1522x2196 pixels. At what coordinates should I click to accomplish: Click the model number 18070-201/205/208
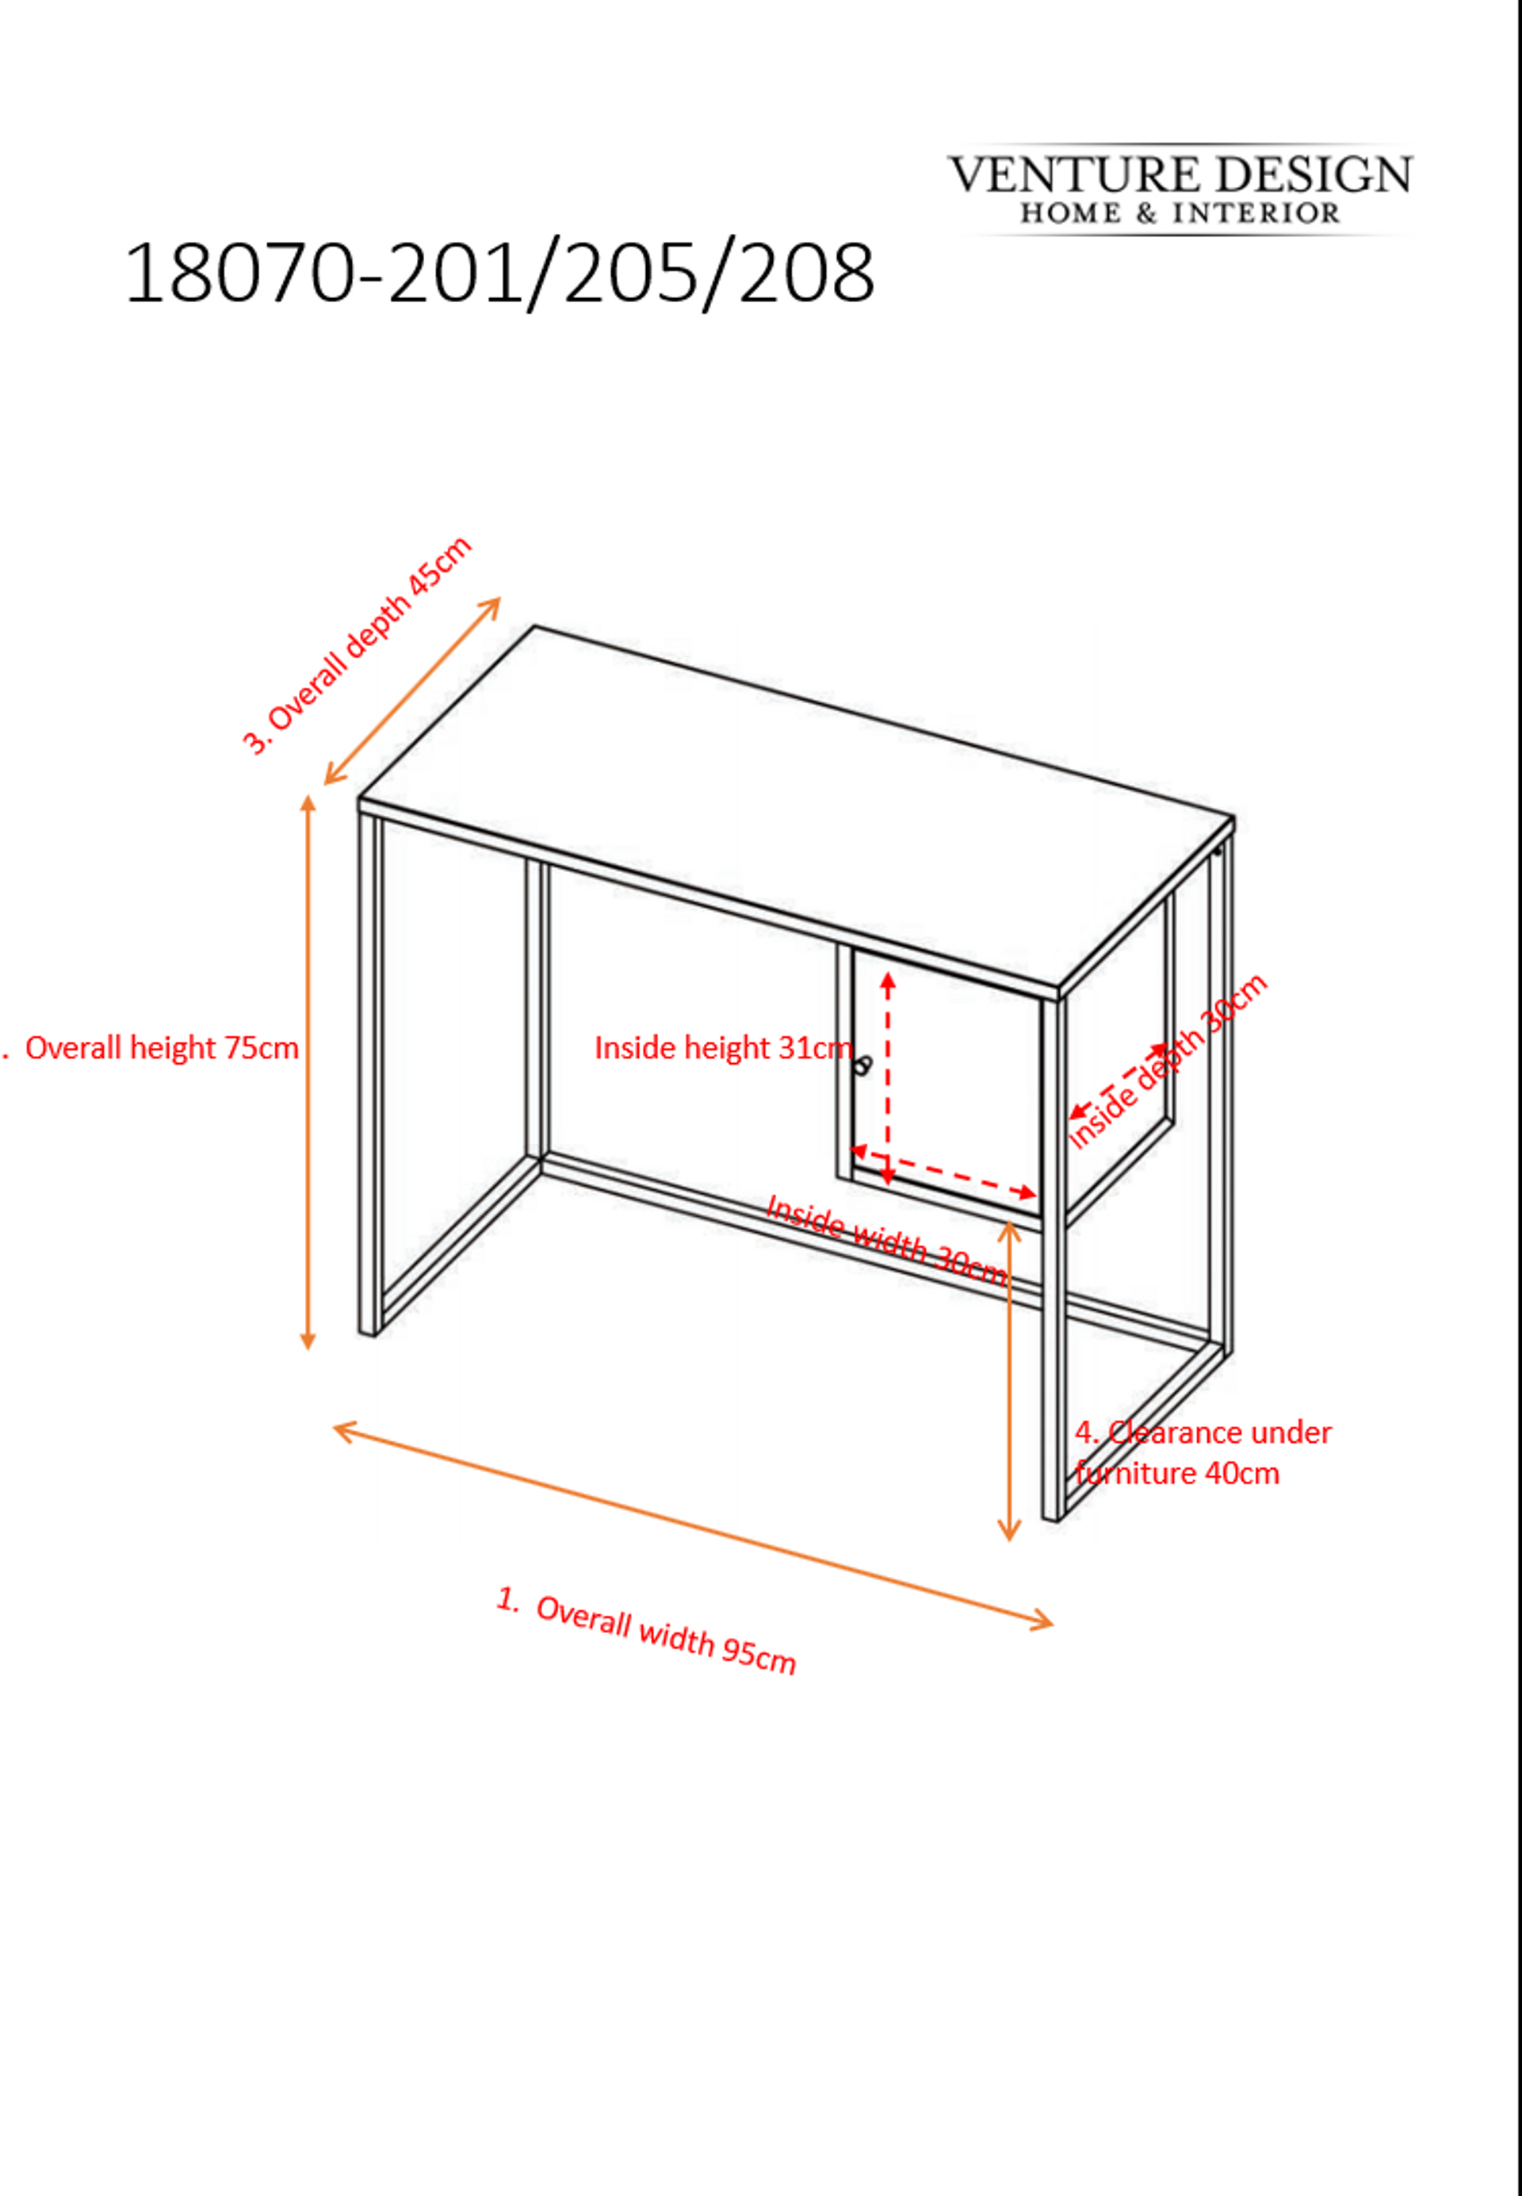click(499, 274)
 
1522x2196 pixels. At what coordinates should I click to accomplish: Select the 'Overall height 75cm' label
click(161, 1048)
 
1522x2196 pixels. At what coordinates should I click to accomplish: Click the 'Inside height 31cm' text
click(723, 1048)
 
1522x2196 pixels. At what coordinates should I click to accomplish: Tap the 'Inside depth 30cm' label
click(1166, 1062)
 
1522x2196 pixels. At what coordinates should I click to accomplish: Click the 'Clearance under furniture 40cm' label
click(1203, 1452)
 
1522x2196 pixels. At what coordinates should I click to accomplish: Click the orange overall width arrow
click(694, 1525)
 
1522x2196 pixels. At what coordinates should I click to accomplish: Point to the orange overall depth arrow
click(412, 691)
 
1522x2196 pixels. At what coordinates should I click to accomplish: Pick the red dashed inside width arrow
click(943, 1172)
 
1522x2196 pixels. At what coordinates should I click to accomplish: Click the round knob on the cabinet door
click(863, 1065)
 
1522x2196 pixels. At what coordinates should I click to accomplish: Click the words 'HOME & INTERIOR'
click(1180, 212)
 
